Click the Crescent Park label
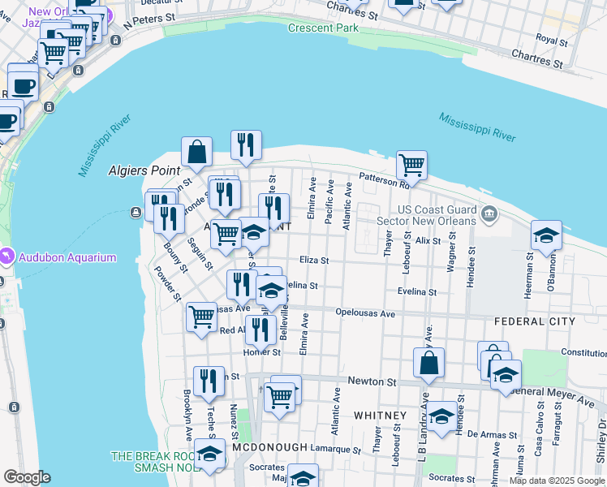point(322,28)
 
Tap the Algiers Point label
point(143,170)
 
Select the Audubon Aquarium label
point(69,258)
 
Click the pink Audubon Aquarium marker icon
point(6,257)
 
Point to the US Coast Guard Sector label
point(437,216)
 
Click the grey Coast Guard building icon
point(488,215)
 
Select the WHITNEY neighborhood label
point(379,416)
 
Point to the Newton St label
point(372,381)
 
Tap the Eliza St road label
point(314,261)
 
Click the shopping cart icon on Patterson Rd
point(412,165)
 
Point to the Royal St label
point(551,37)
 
